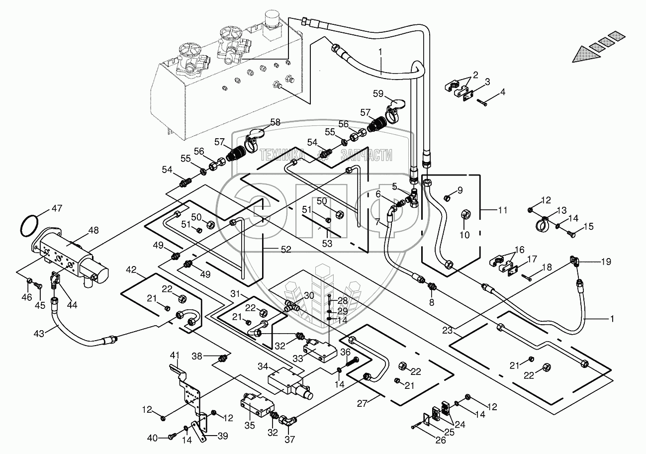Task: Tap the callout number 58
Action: (x=275, y=122)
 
